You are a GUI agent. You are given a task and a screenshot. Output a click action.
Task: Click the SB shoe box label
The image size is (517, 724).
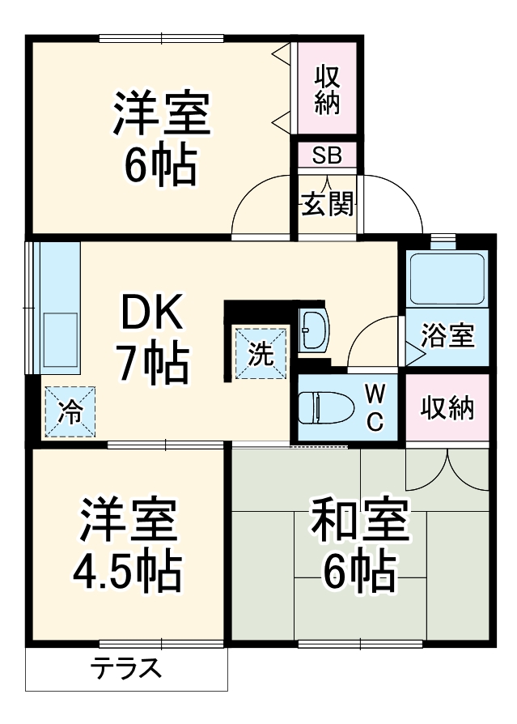[328, 155]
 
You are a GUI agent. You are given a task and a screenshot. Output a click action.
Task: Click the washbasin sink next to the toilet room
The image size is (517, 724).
[313, 330]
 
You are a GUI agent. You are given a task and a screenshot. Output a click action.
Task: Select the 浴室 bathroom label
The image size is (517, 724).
[447, 336]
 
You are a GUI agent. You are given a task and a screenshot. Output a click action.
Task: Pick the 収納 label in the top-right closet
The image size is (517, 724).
[327, 88]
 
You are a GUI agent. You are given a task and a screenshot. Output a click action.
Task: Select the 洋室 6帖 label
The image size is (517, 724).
[161, 138]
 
